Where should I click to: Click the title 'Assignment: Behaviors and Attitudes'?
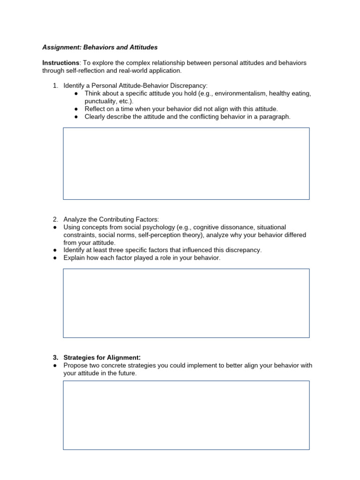coord(100,47)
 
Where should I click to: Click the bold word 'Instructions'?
coord(61,63)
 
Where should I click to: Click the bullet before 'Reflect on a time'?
coord(76,109)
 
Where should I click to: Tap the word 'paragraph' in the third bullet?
coord(275,116)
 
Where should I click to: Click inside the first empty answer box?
coord(186,164)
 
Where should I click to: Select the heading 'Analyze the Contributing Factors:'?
coord(112,219)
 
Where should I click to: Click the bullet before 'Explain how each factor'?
coord(55,258)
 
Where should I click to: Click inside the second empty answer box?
coord(186,303)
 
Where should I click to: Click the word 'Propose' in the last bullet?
coord(76,366)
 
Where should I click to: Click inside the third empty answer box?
coord(186,415)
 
